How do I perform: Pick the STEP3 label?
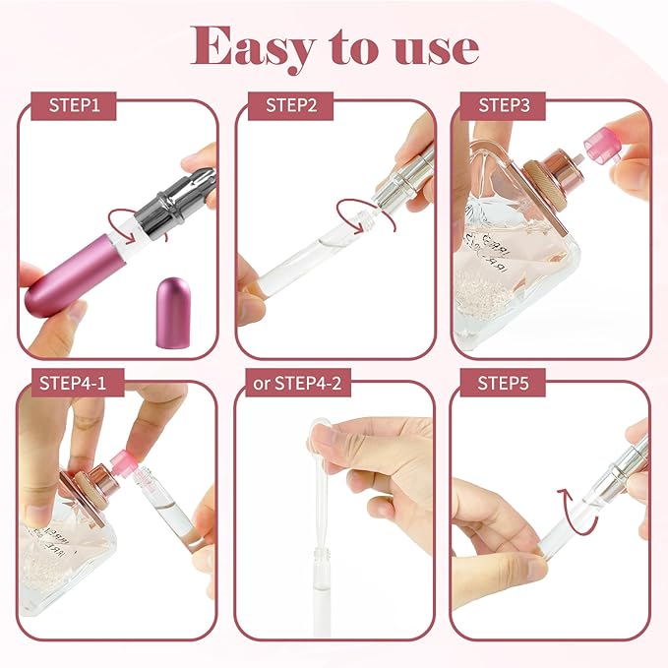(x=504, y=105)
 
